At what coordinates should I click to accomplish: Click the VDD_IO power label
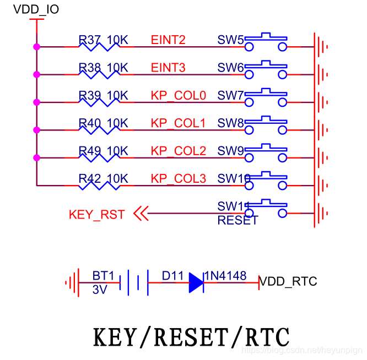pyautogui.click(x=35, y=10)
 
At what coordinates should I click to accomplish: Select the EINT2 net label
pyautogui.click(x=168, y=40)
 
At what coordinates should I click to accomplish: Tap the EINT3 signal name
pyautogui.click(x=168, y=68)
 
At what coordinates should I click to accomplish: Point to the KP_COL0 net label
pyautogui.click(x=178, y=96)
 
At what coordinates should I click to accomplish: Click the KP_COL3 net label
pyautogui.click(x=178, y=179)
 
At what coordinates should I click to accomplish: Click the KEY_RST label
pyautogui.click(x=97, y=215)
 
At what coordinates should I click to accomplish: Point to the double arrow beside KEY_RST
pyautogui.click(x=141, y=214)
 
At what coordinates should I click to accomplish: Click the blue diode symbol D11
pyautogui.click(x=196, y=282)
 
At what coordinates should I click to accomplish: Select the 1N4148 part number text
pyautogui.click(x=225, y=275)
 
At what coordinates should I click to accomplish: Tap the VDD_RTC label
pyautogui.click(x=288, y=282)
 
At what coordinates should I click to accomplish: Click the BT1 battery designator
pyautogui.click(x=102, y=276)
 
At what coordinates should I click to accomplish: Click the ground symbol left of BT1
pyautogui.click(x=71, y=283)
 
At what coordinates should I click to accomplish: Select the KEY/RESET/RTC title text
pyautogui.click(x=191, y=337)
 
